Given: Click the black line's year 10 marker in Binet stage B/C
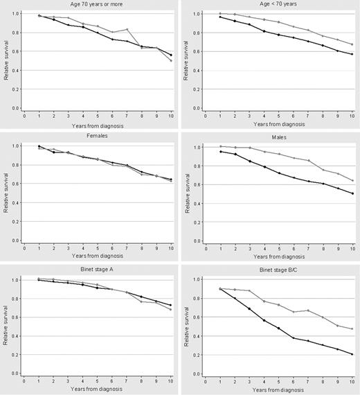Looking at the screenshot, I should point(352,354).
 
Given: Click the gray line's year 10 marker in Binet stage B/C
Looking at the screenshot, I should point(352,329).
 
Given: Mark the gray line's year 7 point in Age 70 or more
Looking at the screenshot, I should point(127,30).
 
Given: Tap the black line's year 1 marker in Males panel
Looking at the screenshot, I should point(220,151).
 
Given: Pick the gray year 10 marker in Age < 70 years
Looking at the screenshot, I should point(352,44).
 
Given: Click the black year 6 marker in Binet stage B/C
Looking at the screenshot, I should point(294,337).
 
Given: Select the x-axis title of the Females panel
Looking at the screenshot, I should point(97,254).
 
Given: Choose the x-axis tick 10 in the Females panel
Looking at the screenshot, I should point(171,248).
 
